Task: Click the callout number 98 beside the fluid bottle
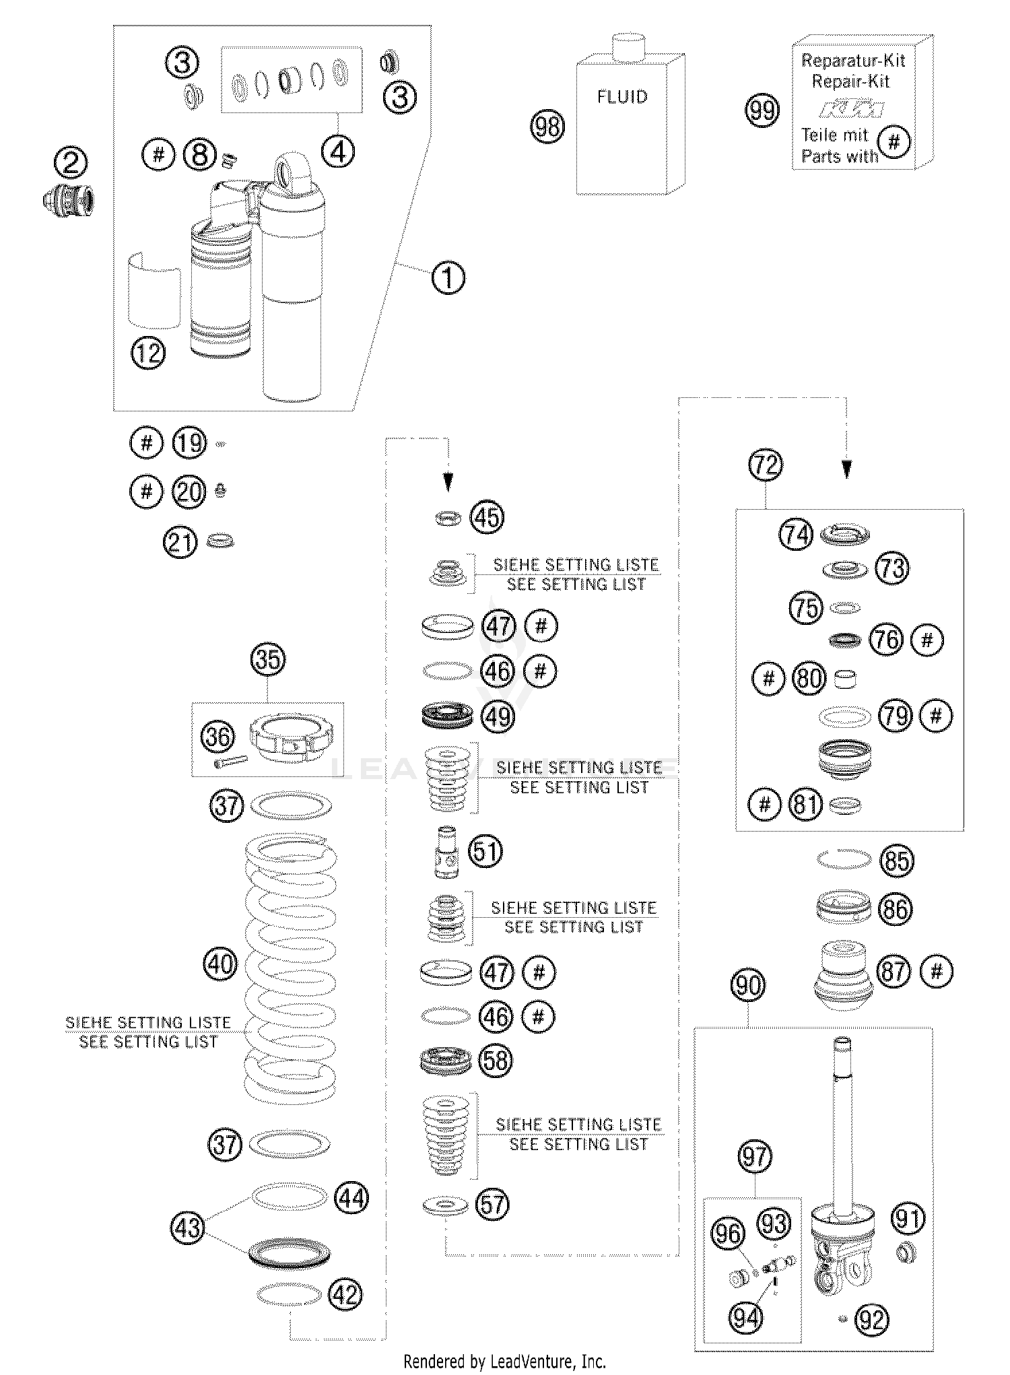[x=547, y=126]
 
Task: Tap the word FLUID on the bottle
[x=622, y=97]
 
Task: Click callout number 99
[x=763, y=110]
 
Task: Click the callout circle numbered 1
[x=448, y=277]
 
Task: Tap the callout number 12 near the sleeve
[x=148, y=352]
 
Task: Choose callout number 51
[x=485, y=851]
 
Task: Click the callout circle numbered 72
[x=765, y=465]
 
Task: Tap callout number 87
[x=895, y=971]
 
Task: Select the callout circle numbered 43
[x=188, y=1227]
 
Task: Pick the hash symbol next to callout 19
[x=146, y=444]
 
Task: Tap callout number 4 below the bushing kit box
[x=338, y=153]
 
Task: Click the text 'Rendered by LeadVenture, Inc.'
[x=504, y=1361]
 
